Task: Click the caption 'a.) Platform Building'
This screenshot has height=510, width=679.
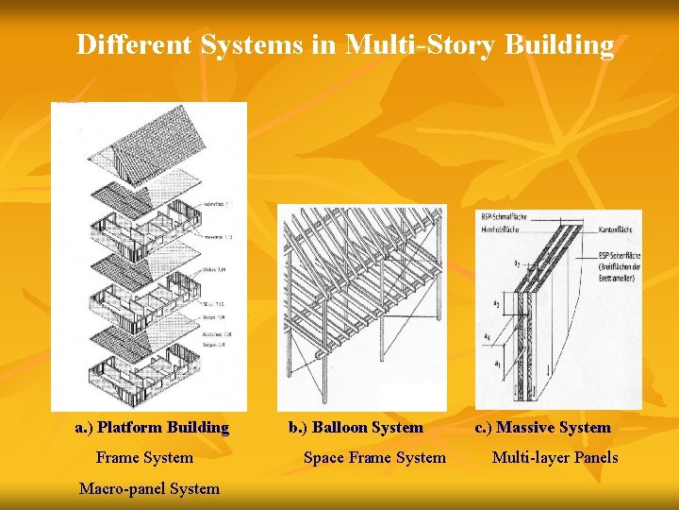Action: click(152, 427)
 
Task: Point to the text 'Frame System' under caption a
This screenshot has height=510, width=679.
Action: click(144, 457)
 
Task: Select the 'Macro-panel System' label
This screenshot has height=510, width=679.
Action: click(149, 488)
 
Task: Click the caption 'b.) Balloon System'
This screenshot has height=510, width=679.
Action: click(356, 427)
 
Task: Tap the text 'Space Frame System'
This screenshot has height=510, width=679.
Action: click(374, 457)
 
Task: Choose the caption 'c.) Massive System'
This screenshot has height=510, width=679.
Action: click(542, 427)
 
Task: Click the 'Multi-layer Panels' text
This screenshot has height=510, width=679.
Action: click(555, 457)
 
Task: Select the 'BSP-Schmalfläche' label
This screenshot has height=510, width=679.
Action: click(505, 216)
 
